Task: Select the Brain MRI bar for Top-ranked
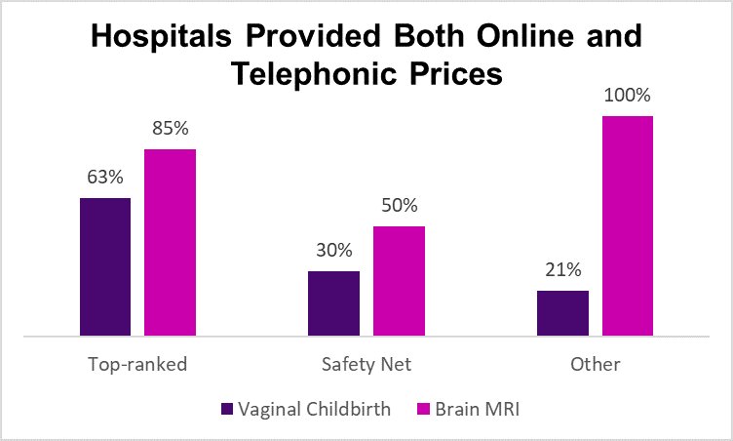coord(171,243)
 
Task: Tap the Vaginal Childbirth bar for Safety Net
coord(333,303)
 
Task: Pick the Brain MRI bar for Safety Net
coord(399,281)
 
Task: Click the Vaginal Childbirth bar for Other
coord(562,313)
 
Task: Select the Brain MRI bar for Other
coord(628,226)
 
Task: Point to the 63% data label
coord(105,178)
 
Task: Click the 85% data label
coord(171,129)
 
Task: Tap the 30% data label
coord(333,251)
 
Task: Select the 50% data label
coord(399,206)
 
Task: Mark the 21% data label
coord(562,270)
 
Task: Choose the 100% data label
coord(628,96)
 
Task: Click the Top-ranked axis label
coord(137,365)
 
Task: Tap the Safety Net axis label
coord(366,365)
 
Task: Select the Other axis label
coord(596,365)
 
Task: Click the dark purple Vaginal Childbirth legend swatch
coord(228,410)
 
